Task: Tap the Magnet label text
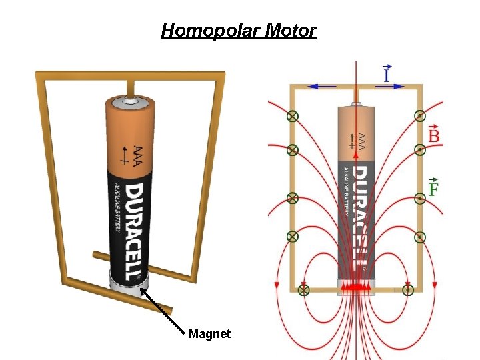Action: click(x=209, y=333)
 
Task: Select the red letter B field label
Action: click(x=433, y=136)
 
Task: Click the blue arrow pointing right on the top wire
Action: click(x=388, y=86)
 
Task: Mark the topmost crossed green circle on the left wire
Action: click(x=292, y=116)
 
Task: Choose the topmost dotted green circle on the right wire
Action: click(x=420, y=116)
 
